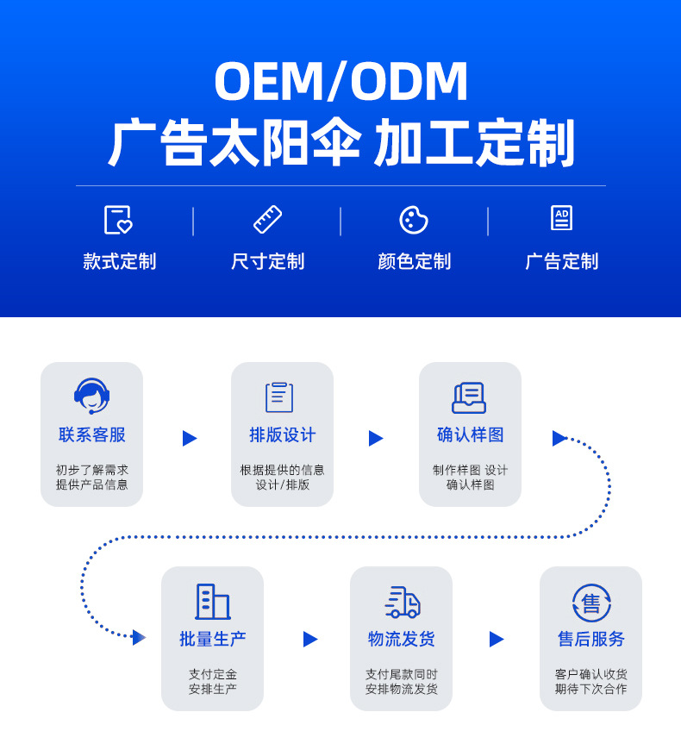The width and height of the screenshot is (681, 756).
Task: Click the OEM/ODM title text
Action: point(340,82)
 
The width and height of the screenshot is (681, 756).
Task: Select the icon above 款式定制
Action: point(118,220)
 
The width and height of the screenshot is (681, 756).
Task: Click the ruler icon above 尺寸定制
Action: point(267,220)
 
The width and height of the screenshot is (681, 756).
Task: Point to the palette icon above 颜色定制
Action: point(414,220)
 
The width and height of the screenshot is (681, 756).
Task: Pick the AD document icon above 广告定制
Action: point(561,218)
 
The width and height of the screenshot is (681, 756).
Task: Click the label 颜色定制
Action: point(414,261)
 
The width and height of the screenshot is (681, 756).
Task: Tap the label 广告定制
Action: point(561,261)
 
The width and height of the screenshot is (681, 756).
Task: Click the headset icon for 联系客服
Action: point(91,397)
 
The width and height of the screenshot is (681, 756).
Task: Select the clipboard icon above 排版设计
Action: point(279,397)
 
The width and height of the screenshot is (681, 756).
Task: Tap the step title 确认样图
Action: point(470,435)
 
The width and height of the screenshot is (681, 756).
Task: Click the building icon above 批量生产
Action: point(212,602)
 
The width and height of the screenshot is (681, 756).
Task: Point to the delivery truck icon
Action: point(402,602)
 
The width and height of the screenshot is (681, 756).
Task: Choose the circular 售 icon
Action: point(591,603)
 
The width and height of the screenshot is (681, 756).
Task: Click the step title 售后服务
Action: point(591,640)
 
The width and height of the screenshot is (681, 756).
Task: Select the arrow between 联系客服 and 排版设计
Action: point(190,438)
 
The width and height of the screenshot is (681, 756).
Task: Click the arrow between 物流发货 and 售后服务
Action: point(497,640)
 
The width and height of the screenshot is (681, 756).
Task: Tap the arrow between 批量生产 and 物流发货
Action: point(310,640)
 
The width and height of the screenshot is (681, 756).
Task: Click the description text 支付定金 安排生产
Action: point(212,682)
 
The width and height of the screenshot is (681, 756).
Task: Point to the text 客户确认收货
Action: point(591,675)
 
